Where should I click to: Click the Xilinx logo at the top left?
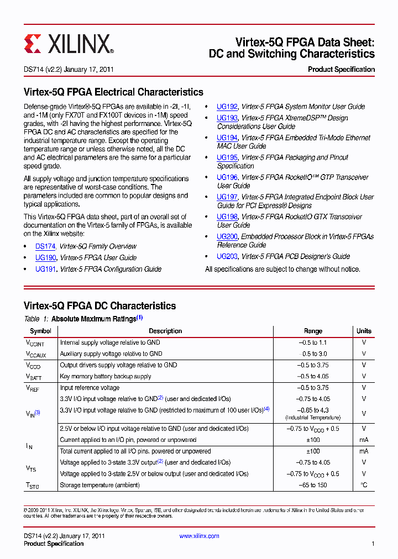coord(69,43)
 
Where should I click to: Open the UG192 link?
coord(227,107)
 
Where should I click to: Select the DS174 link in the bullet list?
coord(45,246)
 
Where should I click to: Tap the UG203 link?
coord(227,256)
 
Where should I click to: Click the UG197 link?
coord(227,197)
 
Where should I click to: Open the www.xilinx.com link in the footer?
coord(199,536)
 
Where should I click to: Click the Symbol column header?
coord(40,331)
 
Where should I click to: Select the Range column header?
coord(313,331)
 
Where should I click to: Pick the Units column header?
coord(364,331)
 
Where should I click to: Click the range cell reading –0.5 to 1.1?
coord(313,342)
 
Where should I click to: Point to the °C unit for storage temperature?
coord(364,485)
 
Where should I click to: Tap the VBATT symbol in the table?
coord(33,377)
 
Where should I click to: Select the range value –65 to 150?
coord(313,485)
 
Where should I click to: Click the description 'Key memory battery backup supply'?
coord(106,376)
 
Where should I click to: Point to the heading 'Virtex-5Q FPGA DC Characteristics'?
coord(99,305)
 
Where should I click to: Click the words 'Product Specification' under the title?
coord(341,70)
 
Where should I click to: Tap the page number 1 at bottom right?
coord(373,544)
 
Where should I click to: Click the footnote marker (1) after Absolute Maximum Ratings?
coord(140,318)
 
